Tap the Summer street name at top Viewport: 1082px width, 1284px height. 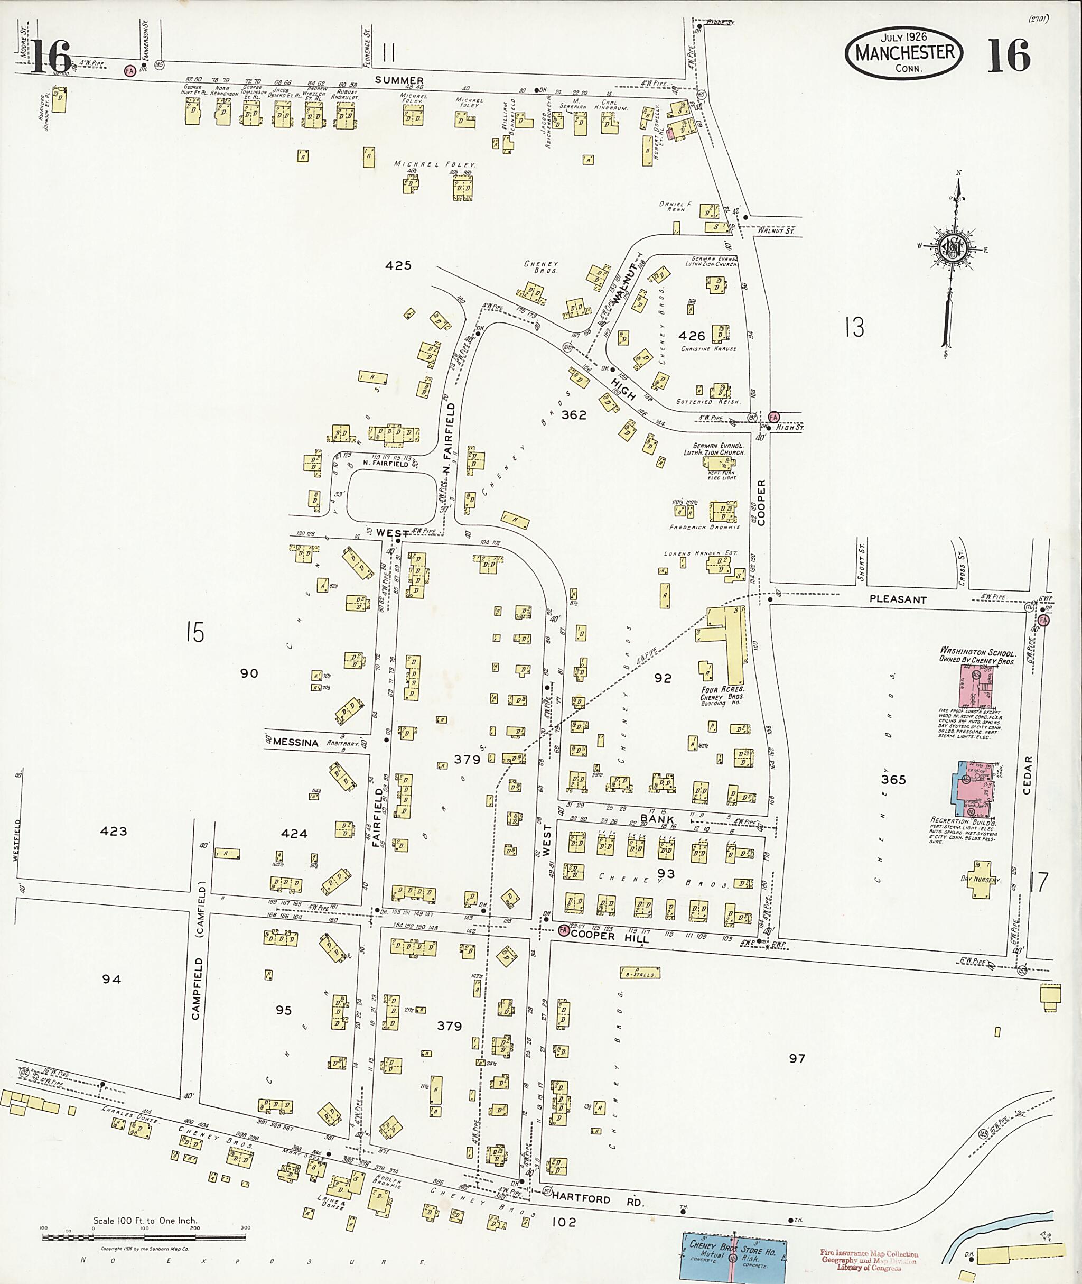(399, 80)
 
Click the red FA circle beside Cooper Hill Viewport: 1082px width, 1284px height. (563, 930)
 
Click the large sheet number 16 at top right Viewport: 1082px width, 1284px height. (1009, 56)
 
